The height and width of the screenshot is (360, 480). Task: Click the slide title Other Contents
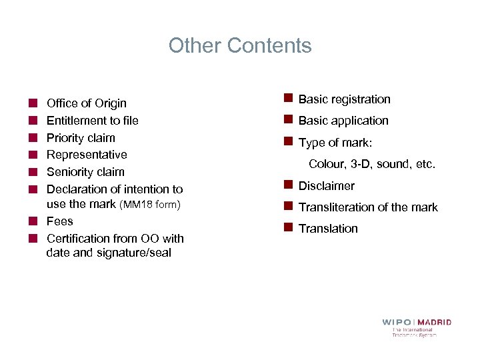coord(240,45)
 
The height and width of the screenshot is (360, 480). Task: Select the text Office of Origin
coord(86,103)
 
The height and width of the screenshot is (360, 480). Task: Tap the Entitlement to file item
coord(92,121)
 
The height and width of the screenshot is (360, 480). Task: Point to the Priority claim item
coord(81,138)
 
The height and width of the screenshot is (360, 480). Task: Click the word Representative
coord(87,155)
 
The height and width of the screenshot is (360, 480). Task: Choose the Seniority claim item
coord(85,172)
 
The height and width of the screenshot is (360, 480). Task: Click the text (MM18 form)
coord(150,204)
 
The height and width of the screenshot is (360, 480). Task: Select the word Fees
coord(59,221)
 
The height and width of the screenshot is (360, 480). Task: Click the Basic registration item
coord(344,99)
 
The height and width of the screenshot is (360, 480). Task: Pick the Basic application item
coord(343,121)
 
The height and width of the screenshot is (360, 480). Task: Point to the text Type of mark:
coord(335,143)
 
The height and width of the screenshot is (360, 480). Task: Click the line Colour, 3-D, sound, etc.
coord(371,164)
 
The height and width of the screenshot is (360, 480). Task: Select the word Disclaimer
coord(326,186)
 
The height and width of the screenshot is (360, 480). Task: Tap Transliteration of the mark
coord(368,207)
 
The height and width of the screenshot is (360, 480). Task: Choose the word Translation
coord(328,229)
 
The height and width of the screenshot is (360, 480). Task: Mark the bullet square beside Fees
coord(32,221)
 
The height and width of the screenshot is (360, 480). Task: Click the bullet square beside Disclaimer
coord(288,185)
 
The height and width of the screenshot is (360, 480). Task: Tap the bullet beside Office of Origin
coord(32,103)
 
